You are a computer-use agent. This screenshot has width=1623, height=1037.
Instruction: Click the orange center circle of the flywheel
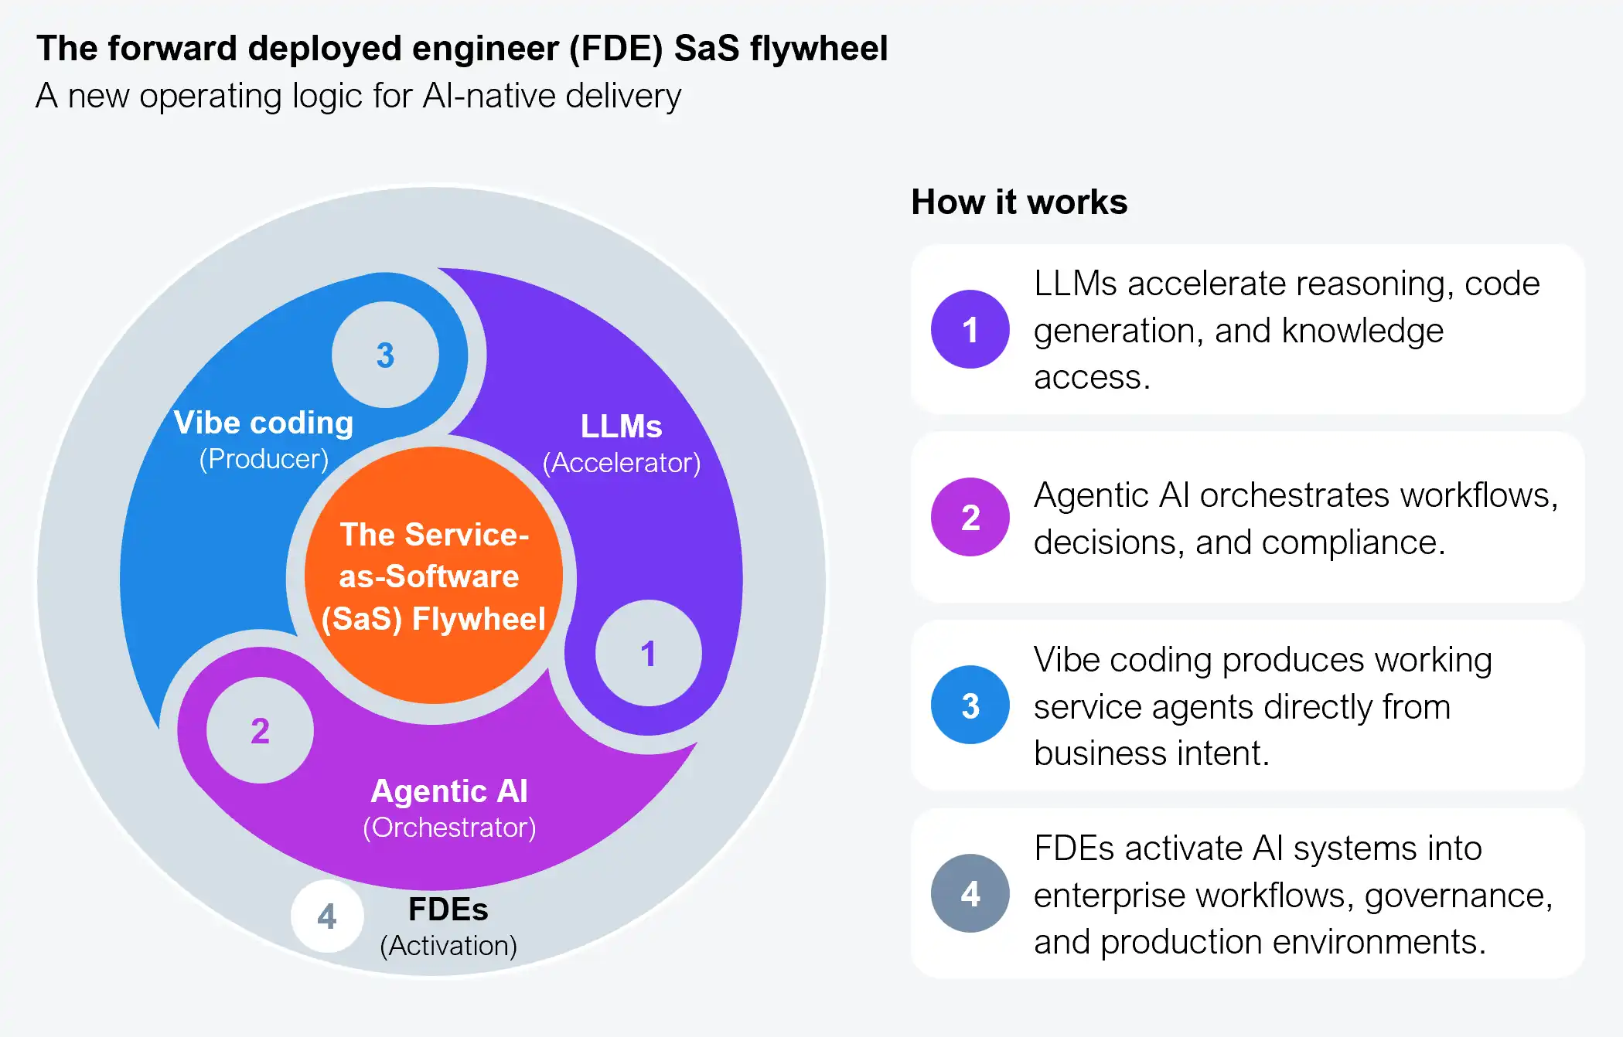coord(434,576)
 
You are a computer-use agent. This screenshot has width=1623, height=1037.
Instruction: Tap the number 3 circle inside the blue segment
coord(385,355)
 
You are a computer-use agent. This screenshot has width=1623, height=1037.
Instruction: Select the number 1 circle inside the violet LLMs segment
coord(648,653)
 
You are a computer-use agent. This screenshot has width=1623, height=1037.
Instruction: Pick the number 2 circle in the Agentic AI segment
coord(260,730)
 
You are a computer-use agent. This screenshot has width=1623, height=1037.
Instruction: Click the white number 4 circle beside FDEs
coord(327,916)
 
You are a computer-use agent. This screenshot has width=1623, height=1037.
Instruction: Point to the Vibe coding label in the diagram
coord(264,423)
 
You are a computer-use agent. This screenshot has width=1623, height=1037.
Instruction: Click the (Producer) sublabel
coord(264,459)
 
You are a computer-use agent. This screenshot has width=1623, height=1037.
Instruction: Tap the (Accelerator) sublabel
coord(622,463)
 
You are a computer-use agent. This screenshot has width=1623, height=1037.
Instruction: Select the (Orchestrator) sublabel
coord(449,828)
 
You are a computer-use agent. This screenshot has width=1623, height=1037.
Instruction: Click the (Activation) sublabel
coord(448,946)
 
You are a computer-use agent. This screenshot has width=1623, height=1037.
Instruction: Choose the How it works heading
coord(1019,202)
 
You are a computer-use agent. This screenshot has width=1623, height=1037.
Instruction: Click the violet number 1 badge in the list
coord(970,329)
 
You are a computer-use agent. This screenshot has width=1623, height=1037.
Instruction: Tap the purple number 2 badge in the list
coord(970,517)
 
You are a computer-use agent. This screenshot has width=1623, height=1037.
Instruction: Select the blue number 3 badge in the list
coord(970,705)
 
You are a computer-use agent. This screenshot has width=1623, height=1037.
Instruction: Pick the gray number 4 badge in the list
coord(970,893)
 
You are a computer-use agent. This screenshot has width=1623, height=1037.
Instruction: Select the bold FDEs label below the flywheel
coord(448,909)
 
